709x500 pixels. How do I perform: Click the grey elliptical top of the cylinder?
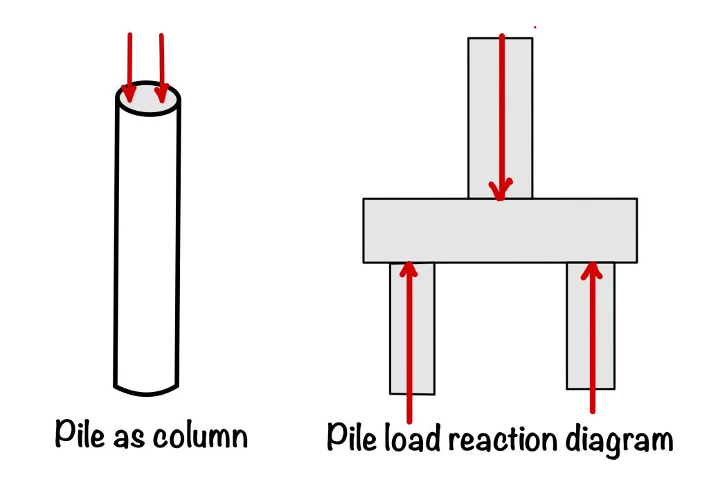click(148, 99)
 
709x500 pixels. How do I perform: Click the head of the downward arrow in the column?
click(501, 190)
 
